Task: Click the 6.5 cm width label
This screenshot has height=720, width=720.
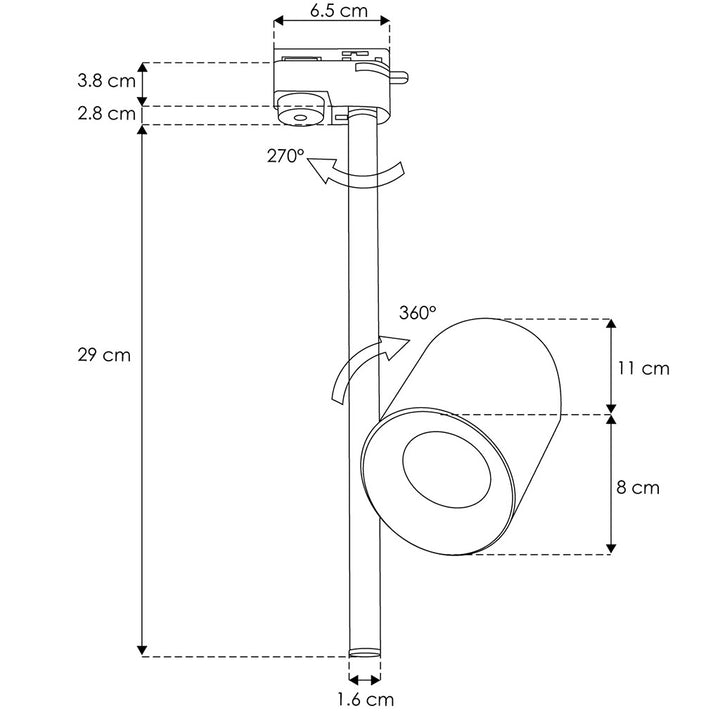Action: coord(339,10)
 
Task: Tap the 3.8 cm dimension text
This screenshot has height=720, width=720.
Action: coord(107,81)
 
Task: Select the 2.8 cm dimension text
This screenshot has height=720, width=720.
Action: coord(107,113)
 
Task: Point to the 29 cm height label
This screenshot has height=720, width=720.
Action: coord(104,355)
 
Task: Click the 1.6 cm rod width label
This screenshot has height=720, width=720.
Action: coord(366,699)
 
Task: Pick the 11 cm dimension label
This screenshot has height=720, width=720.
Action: coord(643,368)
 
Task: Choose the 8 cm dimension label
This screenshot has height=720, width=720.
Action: coord(638,487)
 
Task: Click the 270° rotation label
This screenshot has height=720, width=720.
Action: coord(286,156)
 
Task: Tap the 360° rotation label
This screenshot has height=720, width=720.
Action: coord(417,313)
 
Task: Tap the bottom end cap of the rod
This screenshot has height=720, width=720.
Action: coord(365,652)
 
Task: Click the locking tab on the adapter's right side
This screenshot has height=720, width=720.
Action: coord(399,78)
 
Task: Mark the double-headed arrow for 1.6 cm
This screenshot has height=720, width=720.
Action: coord(365,679)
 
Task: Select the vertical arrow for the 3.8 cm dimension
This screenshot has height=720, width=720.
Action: coord(143,84)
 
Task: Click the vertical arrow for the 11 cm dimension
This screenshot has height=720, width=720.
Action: coord(611,366)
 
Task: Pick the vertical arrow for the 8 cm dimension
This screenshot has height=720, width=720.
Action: coord(611,484)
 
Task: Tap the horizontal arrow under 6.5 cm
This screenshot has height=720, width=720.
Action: coord(332,20)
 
